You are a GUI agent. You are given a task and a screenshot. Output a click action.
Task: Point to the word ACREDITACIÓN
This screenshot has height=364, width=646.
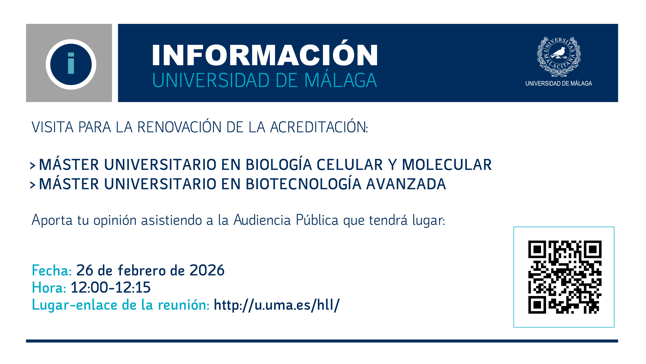pos(318,127)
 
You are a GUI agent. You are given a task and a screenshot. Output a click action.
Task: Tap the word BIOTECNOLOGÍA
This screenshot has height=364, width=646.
pos(303,184)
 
